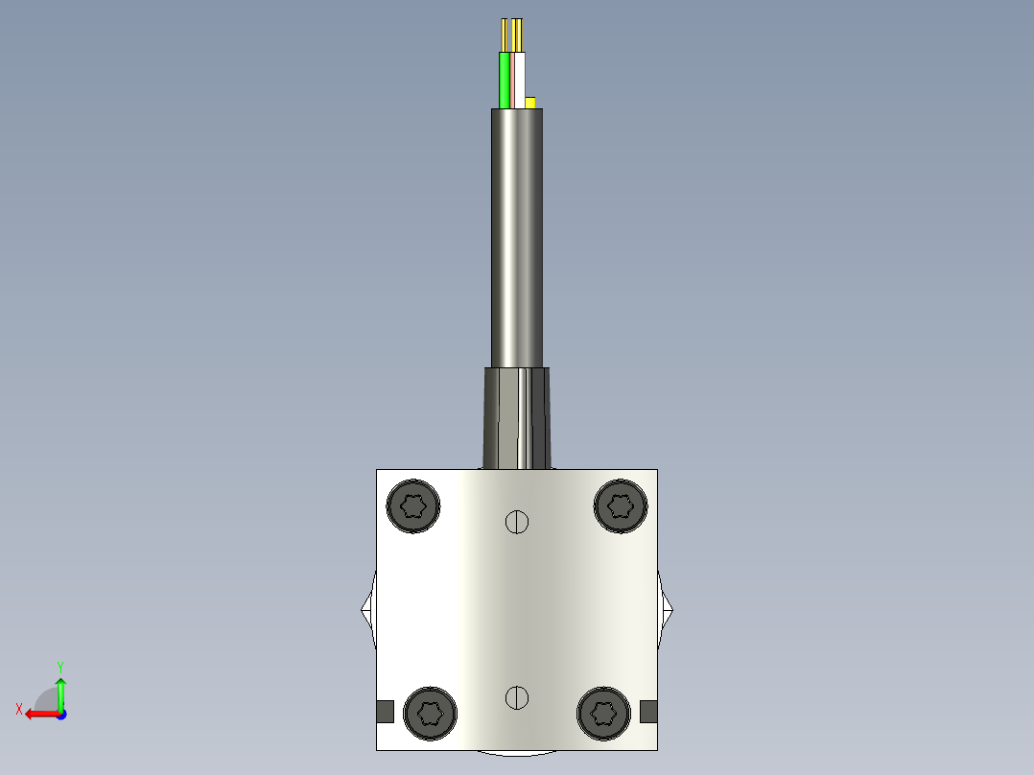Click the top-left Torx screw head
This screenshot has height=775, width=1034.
pos(413,505)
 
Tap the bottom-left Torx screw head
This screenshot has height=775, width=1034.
pos(431,713)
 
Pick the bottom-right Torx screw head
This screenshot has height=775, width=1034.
pos(603,712)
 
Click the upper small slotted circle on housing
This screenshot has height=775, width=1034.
pos(517,522)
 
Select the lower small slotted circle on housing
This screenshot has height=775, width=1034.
pos(517,697)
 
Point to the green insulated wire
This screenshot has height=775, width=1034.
pos(505,81)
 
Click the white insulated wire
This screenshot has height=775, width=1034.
pos(520,81)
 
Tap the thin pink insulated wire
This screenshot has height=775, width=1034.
pos(512,81)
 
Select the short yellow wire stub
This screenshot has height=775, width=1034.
pos(529,102)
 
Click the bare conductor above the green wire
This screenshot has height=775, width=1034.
pos(505,35)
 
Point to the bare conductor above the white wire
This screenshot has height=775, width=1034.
pos(518,35)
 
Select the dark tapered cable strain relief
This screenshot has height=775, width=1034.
pos(517,417)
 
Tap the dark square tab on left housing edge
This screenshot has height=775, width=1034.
pos(385,711)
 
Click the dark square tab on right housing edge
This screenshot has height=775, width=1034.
pos(648,711)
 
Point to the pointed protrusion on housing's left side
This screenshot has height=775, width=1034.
pos(367,608)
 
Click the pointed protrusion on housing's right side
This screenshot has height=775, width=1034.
pos(667,608)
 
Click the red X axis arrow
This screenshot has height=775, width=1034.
pos(38,714)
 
